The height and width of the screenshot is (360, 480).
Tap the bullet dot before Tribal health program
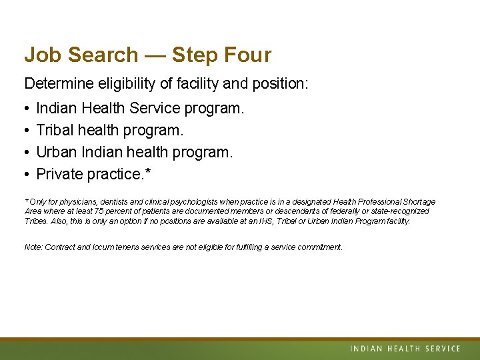(x=27, y=131)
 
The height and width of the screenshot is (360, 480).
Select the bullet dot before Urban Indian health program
(x=27, y=153)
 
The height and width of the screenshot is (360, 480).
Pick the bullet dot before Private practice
(x=27, y=175)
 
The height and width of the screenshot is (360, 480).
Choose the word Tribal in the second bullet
(x=56, y=130)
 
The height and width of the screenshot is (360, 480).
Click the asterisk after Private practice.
(x=148, y=172)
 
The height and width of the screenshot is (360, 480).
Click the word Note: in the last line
(x=33, y=247)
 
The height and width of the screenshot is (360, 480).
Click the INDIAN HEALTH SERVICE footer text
(x=405, y=349)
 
